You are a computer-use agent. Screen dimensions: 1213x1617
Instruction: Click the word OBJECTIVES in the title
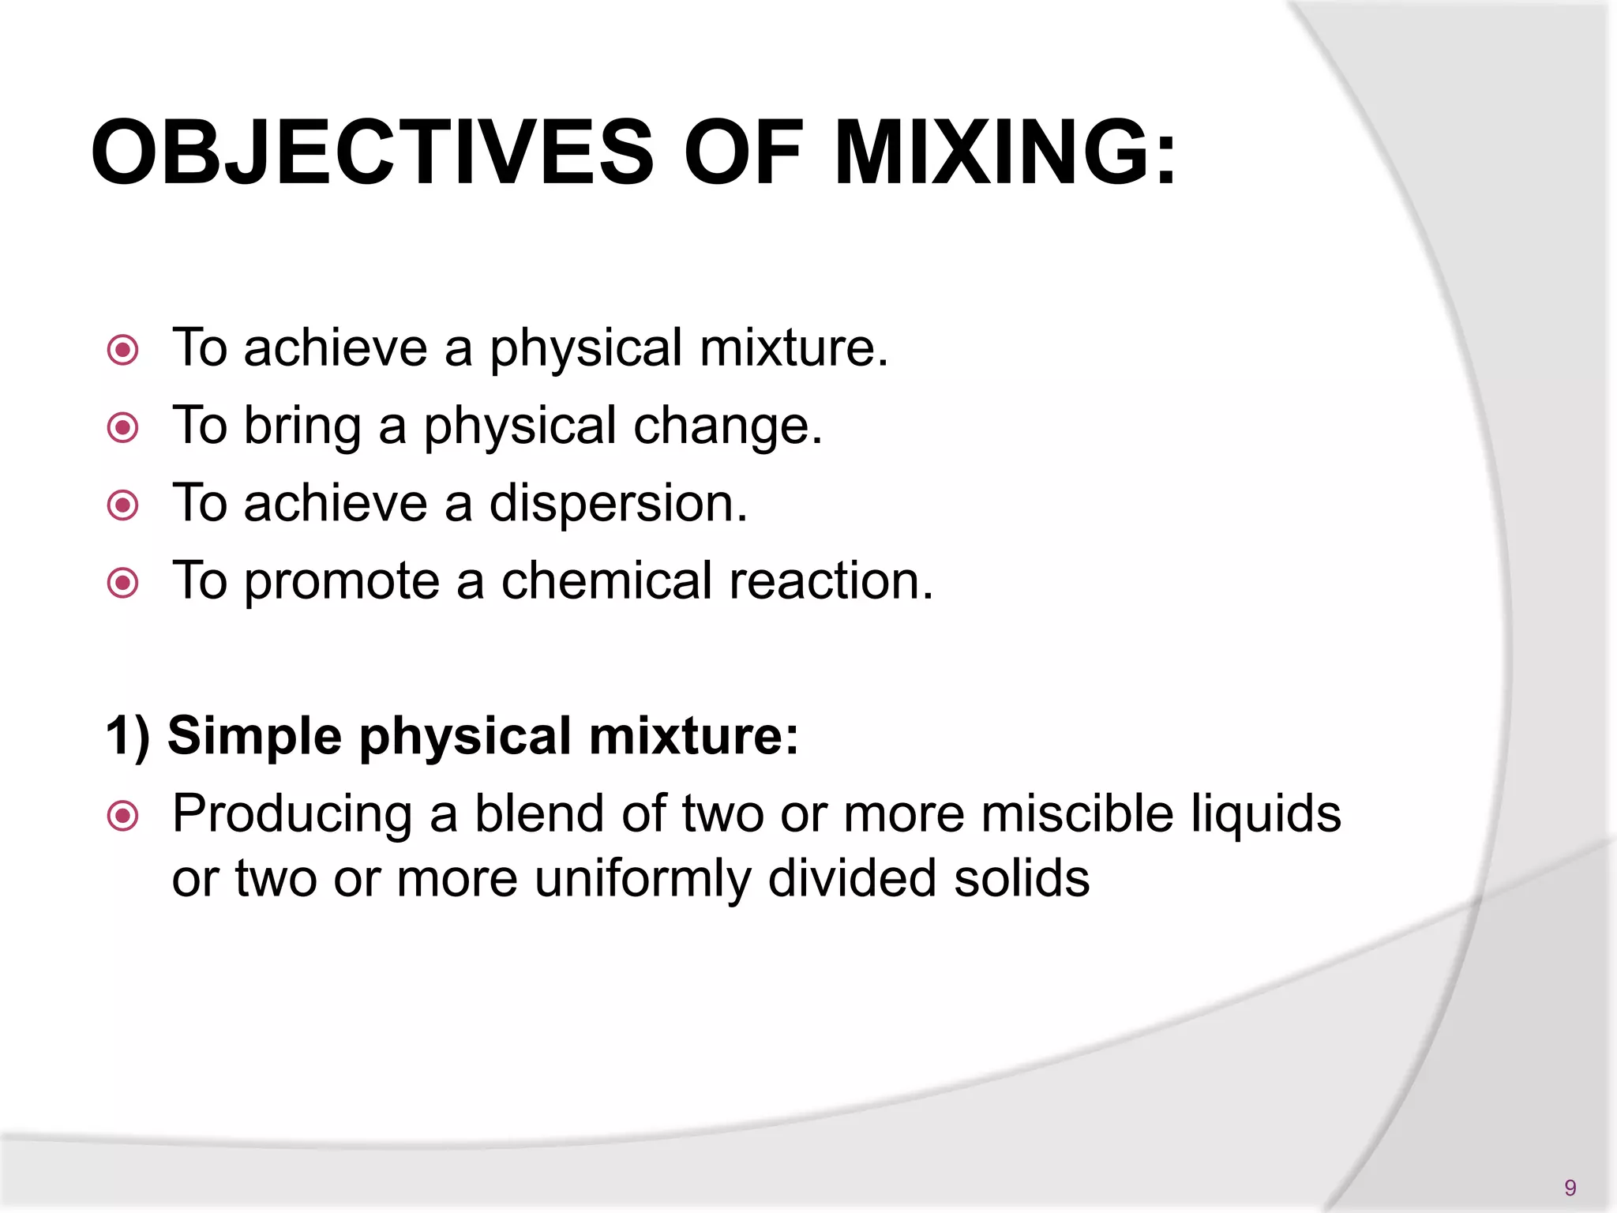pos(372,152)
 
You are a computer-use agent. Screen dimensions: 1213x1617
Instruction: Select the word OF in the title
pos(743,152)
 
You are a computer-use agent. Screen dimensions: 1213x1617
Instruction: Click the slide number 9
pos(1570,1188)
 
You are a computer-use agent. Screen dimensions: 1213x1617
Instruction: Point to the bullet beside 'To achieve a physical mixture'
pos(123,350)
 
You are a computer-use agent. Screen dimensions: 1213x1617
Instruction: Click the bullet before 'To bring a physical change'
pos(123,428)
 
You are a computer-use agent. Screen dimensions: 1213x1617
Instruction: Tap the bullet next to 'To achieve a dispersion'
pos(123,505)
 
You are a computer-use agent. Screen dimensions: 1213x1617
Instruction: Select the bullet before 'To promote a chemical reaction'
pos(123,584)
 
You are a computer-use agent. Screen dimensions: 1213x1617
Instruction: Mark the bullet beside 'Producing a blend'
pos(123,817)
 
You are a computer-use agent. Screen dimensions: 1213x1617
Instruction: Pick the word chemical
pos(606,581)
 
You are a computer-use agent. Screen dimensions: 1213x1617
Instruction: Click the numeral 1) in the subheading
pos(127,737)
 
